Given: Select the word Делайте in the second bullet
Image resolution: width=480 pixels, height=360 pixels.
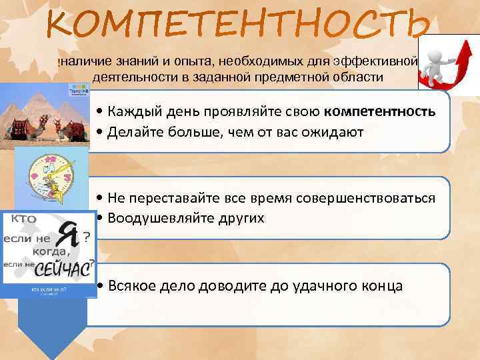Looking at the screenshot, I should tap(135, 131).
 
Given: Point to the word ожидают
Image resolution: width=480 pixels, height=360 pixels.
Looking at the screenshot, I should tap(329, 131).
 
